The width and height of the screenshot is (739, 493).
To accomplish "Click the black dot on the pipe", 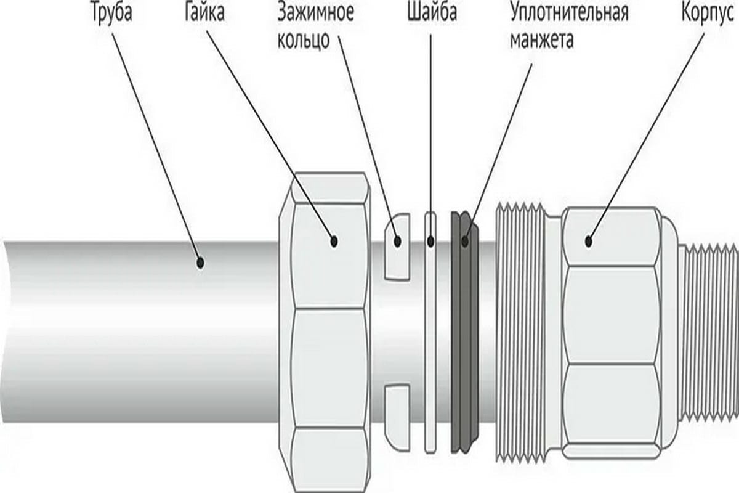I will click(200, 263).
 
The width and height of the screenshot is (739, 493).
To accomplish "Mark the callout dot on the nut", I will click(334, 241).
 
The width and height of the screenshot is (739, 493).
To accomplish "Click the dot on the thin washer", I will click(431, 241).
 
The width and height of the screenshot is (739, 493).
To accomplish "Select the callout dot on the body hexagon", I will click(589, 241).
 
